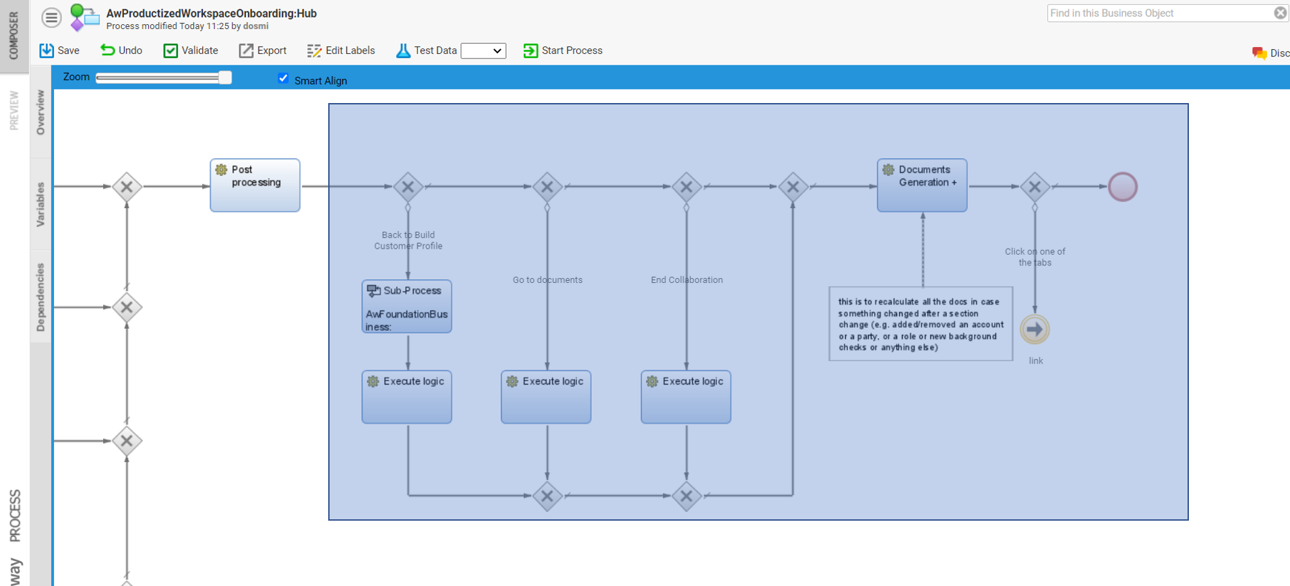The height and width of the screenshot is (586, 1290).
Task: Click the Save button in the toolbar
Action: coord(59,51)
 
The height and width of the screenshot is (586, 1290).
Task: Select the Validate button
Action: coord(191,51)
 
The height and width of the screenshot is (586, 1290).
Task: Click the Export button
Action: coord(263,51)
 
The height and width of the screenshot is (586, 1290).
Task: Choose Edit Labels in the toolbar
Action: coord(341,51)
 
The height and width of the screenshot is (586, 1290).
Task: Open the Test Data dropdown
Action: coord(483,51)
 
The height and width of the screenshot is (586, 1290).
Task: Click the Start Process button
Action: coord(563,51)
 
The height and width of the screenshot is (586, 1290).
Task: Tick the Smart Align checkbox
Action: coord(283,78)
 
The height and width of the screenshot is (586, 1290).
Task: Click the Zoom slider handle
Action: coord(225,77)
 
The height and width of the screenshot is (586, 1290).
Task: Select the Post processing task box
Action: coord(255,185)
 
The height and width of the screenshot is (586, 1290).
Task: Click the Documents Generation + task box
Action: coord(922,185)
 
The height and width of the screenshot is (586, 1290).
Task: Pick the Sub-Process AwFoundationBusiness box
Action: coord(406,306)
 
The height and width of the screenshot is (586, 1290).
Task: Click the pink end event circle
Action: coord(1123,187)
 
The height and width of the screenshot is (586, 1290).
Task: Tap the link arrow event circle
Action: coord(1035,329)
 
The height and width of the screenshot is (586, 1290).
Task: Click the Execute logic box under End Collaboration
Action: coord(685,397)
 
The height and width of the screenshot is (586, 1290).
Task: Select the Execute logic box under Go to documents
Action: coord(546,397)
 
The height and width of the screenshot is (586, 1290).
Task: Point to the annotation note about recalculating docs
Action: coord(921,324)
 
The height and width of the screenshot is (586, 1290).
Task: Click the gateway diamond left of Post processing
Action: coord(127,187)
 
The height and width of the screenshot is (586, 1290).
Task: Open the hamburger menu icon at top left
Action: coord(51,17)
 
